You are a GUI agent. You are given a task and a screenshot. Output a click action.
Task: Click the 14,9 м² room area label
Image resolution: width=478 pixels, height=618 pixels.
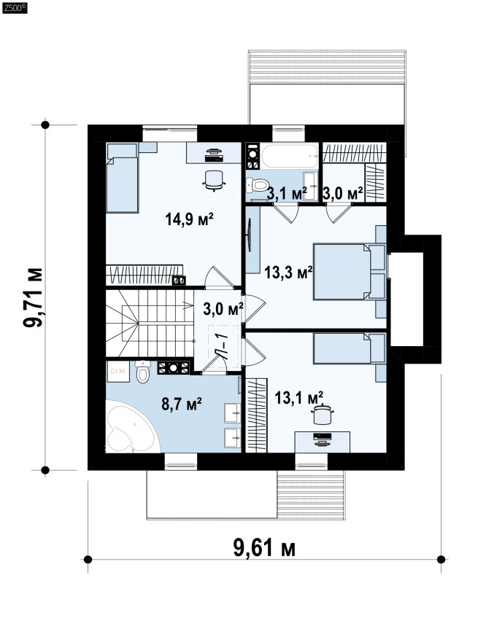[x=190, y=219]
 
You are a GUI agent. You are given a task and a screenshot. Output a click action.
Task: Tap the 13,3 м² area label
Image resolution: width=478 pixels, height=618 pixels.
[x=288, y=272]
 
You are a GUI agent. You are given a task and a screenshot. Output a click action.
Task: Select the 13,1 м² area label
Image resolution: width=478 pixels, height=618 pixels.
[x=299, y=397]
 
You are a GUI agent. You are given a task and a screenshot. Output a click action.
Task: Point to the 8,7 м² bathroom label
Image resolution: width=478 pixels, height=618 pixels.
[x=182, y=404]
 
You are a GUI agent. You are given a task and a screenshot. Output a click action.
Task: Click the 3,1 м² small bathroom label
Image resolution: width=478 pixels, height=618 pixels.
[x=287, y=193]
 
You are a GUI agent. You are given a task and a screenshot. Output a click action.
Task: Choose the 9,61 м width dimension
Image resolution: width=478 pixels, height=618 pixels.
[x=264, y=548]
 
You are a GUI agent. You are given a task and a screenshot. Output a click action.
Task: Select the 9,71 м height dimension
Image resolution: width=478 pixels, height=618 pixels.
[x=33, y=298]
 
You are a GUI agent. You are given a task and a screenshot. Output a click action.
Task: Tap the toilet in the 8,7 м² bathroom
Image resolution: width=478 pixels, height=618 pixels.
[x=142, y=371]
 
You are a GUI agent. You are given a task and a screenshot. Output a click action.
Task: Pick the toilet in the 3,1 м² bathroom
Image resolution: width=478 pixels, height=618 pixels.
[x=257, y=184]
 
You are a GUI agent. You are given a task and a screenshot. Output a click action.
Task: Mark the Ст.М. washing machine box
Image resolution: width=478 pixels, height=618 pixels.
[x=118, y=371]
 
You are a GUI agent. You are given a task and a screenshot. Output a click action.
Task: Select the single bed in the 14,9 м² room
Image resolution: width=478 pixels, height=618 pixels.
[x=123, y=178]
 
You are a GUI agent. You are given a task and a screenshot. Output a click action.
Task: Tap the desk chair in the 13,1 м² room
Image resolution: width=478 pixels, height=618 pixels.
[x=323, y=415]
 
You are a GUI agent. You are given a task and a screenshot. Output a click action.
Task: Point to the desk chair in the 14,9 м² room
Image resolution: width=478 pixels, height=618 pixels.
[x=214, y=180]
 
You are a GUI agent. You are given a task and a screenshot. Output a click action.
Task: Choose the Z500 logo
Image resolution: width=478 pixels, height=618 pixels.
[x=15, y=8]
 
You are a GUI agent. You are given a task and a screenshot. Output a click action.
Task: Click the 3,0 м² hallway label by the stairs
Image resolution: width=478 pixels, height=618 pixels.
[x=223, y=309]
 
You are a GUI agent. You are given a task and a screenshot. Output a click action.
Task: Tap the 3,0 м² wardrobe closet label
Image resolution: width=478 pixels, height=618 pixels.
[x=342, y=193]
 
